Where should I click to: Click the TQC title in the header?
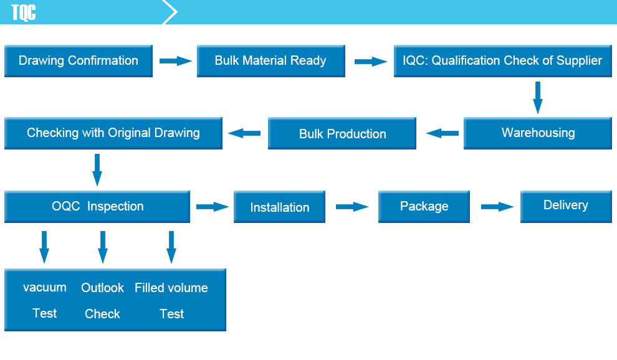click(x=23, y=12)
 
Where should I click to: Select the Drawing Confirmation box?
click(x=79, y=61)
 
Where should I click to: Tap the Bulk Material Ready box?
click(x=270, y=61)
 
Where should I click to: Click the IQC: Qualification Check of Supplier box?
click(x=502, y=61)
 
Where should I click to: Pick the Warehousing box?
click(x=537, y=133)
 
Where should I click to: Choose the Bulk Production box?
click(x=342, y=133)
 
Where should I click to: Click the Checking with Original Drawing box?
click(x=113, y=133)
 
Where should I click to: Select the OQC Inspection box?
click(x=97, y=207)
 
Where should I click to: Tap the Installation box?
click(x=279, y=207)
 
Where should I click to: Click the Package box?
click(x=424, y=207)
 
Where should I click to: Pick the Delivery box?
click(x=566, y=207)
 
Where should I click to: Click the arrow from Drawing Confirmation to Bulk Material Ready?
click(x=176, y=61)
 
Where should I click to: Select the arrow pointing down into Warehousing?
click(x=537, y=98)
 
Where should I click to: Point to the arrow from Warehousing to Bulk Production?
click(x=442, y=133)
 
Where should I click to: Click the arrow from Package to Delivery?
click(x=497, y=207)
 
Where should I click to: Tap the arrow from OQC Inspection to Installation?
click(x=213, y=207)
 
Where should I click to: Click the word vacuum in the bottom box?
click(x=44, y=288)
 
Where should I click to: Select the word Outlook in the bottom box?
click(x=102, y=288)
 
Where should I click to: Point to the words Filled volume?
click(x=171, y=288)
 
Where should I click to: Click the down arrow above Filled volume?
click(x=171, y=247)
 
